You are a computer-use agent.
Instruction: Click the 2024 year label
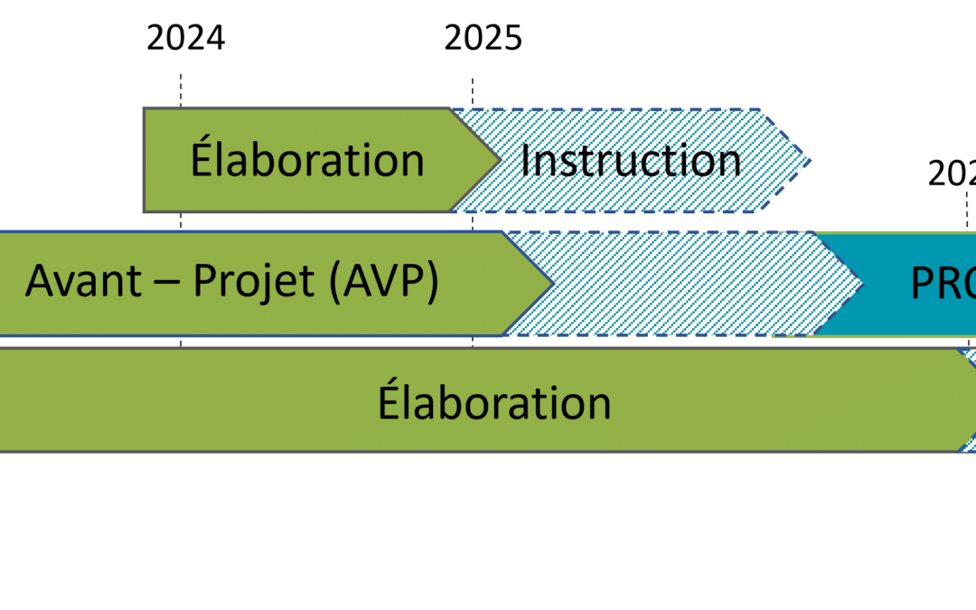coord(185,38)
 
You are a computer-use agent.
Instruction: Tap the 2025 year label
coord(483,38)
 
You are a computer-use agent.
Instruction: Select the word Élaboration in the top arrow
coord(307,160)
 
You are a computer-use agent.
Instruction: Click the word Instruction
coord(631,160)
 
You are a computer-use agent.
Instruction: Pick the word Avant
coord(83,282)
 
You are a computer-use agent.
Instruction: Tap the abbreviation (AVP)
coord(383,282)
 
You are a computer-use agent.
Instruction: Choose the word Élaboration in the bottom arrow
coord(494,402)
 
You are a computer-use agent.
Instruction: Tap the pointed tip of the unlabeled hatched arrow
coord(855,284)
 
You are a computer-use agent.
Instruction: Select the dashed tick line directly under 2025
coord(473,90)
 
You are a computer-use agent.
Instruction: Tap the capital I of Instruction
coord(525,160)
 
